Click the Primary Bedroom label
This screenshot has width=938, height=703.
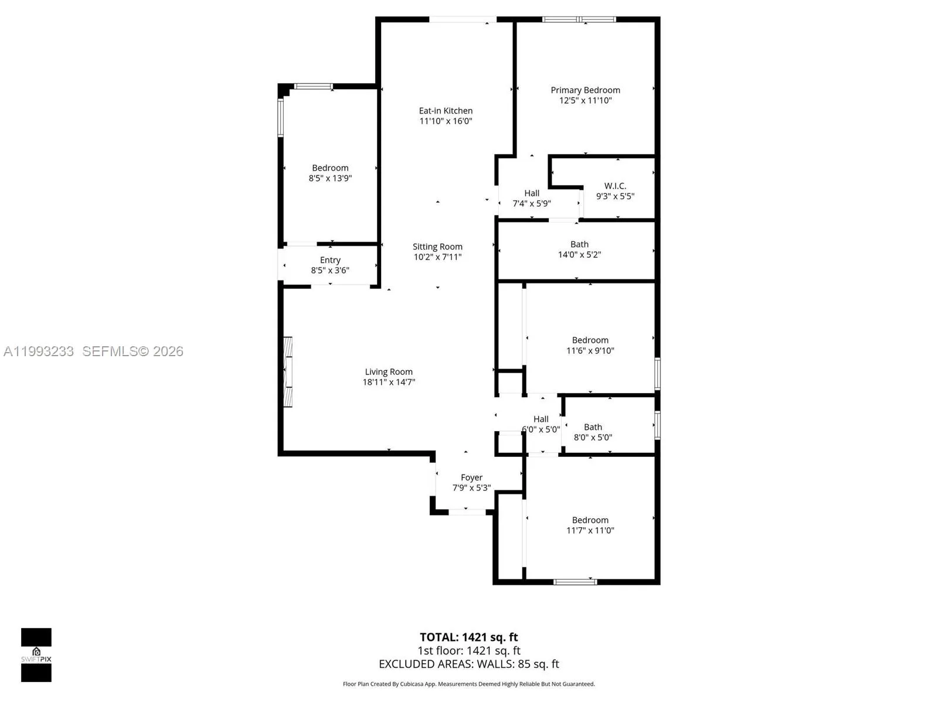click(585, 90)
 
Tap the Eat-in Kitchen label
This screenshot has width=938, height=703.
click(446, 111)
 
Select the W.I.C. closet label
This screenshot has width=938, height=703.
click(615, 186)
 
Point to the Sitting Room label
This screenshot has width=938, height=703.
click(437, 247)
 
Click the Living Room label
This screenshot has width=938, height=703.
click(389, 371)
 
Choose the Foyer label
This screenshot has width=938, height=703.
click(471, 477)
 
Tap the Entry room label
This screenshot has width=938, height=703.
click(330, 260)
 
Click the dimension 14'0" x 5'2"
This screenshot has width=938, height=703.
click(579, 255)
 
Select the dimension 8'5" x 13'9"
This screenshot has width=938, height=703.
click(330, 178)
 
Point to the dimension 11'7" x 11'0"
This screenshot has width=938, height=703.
click(590, 531)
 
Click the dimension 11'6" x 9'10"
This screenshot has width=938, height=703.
click(590, 351)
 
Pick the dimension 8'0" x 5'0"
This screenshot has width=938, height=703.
click(593, 437)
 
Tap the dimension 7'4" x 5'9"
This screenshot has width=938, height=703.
click(532, 204)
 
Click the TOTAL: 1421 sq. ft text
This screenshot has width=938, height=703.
click(468, 637)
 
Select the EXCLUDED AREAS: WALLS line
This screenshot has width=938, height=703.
click(468, 664)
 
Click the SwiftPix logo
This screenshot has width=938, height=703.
click(36, 654)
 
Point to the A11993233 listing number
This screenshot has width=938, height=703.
click(39, 351)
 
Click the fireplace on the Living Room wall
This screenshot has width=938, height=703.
click(288, 371)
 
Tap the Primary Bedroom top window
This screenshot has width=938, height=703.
click(579, 19)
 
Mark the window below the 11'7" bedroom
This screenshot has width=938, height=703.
click(575, 582)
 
